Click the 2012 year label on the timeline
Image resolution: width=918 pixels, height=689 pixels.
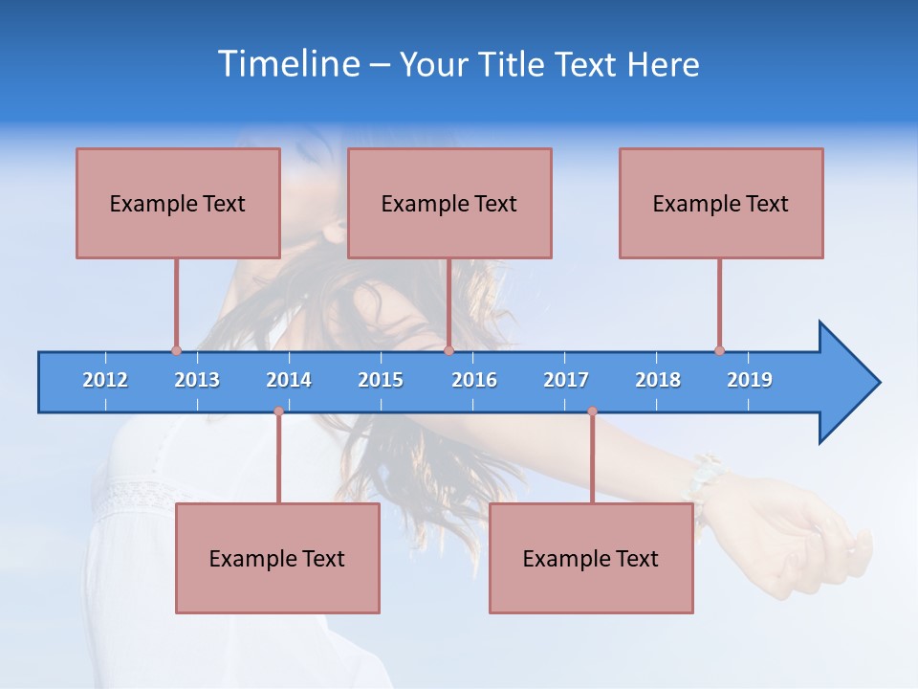[x=105, y=380]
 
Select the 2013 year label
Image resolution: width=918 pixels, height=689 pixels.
[x=197, y=380]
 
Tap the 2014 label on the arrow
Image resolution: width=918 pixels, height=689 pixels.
[x=289, y=380]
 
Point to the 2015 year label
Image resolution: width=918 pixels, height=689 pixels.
[x=381, y=380]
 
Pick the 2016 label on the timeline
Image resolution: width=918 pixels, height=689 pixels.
[x=474, y=380]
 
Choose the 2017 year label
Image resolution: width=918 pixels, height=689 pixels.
[x=566, y=380]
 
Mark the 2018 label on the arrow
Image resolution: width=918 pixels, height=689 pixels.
[x=658, y=380]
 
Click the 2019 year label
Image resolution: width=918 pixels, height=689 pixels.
[x=750, y=380]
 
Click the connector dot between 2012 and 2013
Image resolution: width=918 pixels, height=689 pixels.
[x=176, y=350]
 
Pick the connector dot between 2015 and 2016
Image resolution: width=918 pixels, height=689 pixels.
[x=448, y=350]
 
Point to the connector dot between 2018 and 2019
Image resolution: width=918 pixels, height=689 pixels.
[x=719, y=350]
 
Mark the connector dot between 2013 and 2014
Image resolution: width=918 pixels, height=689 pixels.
[x=278, y=411]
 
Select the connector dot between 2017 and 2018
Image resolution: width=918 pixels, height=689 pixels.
[x=592, y=411]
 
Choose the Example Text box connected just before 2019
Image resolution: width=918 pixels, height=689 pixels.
[x=721, y=203]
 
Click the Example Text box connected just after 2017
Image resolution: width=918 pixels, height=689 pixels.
[x=591, y=558]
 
